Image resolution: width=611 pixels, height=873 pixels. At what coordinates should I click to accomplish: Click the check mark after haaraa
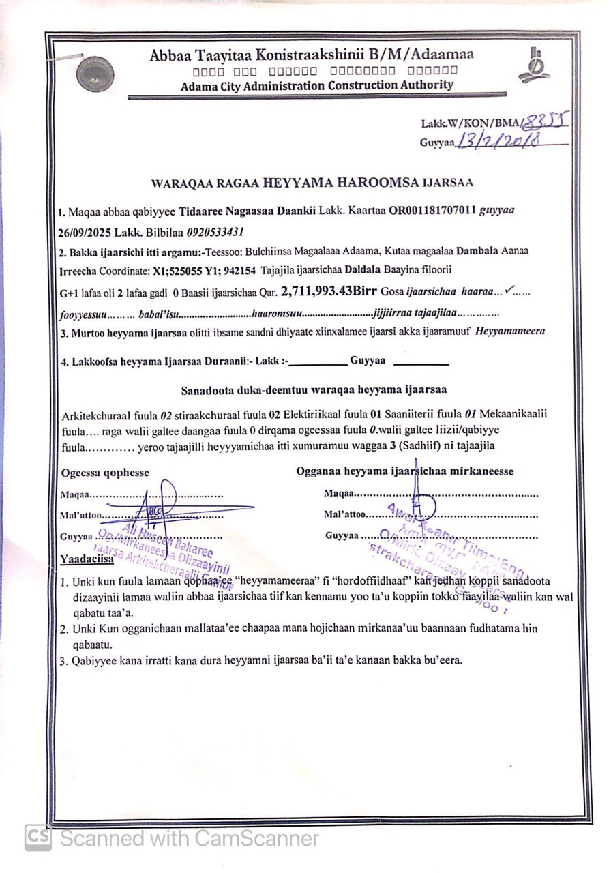click(510, 291)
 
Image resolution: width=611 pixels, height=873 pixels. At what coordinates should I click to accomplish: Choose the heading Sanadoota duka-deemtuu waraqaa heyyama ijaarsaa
click(314, 390)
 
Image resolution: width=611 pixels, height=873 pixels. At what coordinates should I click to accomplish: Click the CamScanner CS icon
click(38, 838)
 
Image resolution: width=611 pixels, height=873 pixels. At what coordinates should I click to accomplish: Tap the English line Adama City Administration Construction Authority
click(317, 86)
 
